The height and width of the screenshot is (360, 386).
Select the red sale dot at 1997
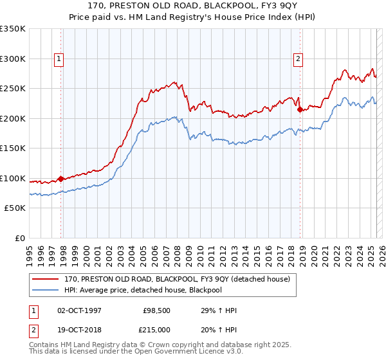tap(61, 179)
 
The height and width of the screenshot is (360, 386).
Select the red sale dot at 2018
tap(300, 110)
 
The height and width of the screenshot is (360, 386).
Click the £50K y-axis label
tap(14, 208)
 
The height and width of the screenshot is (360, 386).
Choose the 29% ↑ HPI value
tap(219, 311)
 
